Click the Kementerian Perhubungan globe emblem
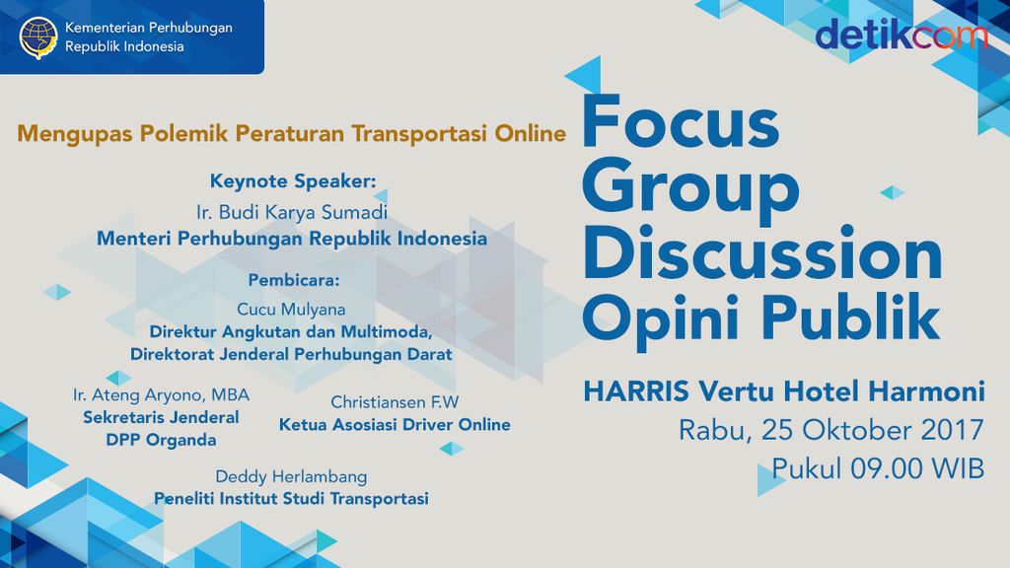click(38, 37)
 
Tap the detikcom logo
click(901, 35)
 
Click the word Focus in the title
click(681, 121)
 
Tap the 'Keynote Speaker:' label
click(293, 181)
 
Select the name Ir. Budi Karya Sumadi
click(292, 212)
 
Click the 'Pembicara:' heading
click(294, 280)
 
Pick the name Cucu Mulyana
click(291, 309)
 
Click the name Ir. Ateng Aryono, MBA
click(161, 394)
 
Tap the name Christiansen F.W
click(395, 402)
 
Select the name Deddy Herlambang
click(291, 476)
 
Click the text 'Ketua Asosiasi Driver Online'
click(395, 425)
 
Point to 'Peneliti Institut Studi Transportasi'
click(291, 499)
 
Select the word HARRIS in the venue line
click(636, 391)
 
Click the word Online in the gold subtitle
click(530, 133)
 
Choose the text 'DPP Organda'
click(161, 441)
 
